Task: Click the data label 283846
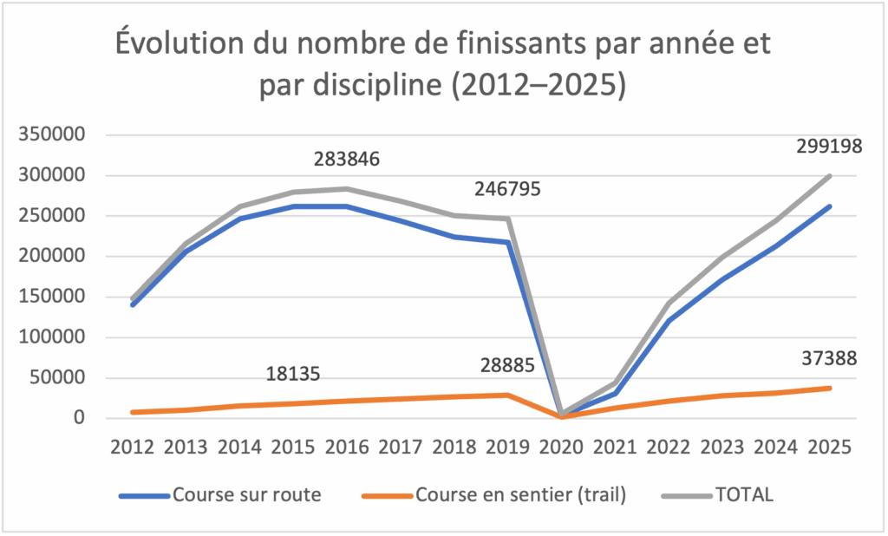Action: (347, 160)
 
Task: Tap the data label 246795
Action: (508, 188)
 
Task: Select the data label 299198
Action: (829, 147)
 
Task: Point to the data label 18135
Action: (292, 374)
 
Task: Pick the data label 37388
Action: (830, 358)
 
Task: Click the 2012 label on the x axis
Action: (132, 448)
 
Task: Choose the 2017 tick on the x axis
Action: (401, 448)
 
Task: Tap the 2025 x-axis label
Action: (830, 448)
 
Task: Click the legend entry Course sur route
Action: (246, 495)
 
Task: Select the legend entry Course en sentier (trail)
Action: (520, 495)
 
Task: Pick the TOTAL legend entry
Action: (744, 495)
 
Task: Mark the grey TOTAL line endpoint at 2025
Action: (830, 176)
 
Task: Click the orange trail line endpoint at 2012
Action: (132, 412)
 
